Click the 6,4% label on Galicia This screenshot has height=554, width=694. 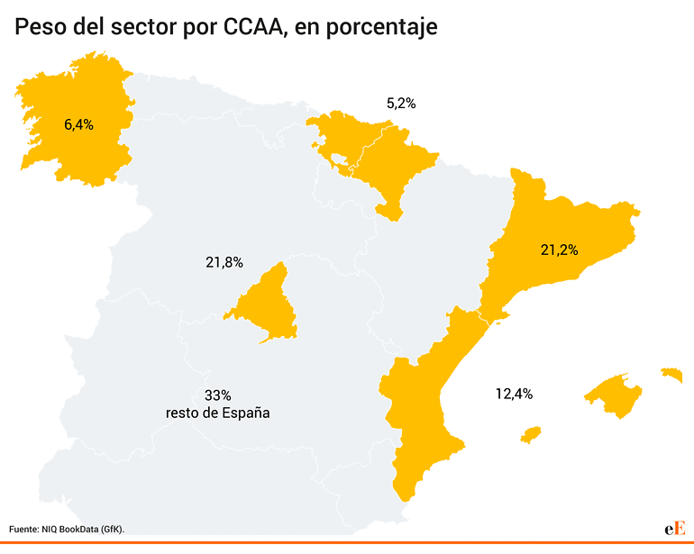pos(78,124)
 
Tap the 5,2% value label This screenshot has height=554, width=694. pos(400,103)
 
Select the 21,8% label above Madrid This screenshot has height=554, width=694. pos(224,262)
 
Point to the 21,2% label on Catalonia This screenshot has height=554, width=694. pos(559,249)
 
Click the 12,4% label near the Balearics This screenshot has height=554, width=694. pos(514,393)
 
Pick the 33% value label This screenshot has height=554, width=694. pos(218,395)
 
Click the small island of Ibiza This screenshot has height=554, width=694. pos(531,435)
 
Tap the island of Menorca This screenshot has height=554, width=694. pos(671,373)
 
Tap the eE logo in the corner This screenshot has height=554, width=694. pos(675,529)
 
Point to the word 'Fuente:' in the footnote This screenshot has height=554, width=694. pos(25,529)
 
